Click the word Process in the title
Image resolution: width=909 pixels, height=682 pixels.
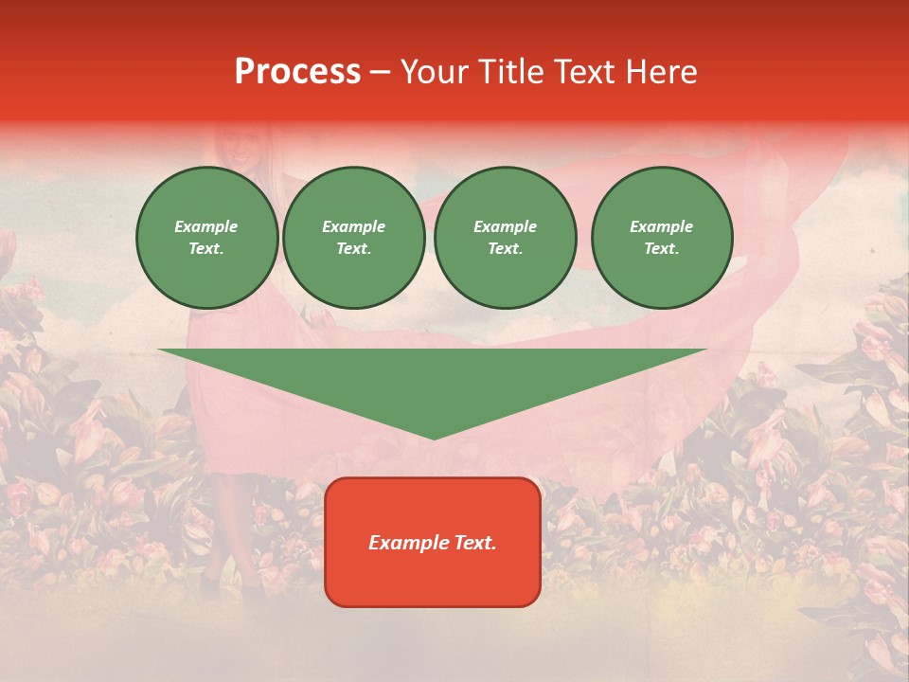click(x=297, y=72)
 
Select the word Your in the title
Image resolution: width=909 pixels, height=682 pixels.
click(x=436, y=72)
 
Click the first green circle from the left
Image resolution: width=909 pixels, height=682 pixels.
click(x=206, y=238)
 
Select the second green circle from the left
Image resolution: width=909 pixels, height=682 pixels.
click(x=353, y=238)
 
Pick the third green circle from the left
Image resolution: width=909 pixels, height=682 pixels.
click(x=505, y=238)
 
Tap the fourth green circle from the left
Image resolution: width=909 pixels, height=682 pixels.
click(x=661, y=238)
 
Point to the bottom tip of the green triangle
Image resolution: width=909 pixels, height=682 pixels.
click(x=434, y=437)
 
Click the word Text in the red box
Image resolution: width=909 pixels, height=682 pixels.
click(x=473, y=543)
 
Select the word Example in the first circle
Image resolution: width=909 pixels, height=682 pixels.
click(x=206, y=226)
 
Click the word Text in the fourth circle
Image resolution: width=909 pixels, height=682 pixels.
click(x=660, y=249)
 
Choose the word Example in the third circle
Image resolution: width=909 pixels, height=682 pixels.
click(x=505, y=226)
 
